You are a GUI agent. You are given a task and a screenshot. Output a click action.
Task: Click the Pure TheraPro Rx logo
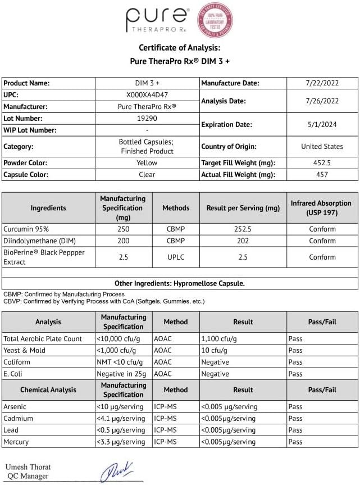157,20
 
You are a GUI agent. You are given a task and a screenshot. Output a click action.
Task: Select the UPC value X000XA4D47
147,94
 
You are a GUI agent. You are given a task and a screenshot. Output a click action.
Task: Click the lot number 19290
147,118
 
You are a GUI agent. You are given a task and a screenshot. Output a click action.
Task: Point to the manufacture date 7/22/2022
322,83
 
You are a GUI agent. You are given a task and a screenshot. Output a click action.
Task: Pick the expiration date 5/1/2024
322,124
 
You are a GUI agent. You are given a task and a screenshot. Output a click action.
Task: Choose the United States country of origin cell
322,146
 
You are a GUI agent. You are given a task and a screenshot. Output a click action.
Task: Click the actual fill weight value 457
322,174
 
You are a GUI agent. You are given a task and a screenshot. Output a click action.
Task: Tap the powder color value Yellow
147,162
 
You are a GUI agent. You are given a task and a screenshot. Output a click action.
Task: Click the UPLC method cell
176,256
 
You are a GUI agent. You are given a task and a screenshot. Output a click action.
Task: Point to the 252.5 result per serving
243,229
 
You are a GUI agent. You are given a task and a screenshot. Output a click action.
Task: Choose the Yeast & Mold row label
24,350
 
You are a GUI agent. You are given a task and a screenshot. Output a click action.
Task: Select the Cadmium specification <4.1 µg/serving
121,418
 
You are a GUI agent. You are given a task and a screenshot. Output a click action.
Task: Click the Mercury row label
16,442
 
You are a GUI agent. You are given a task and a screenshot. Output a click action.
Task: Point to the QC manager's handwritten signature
118,471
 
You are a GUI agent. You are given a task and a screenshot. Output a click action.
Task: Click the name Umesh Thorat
28,467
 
